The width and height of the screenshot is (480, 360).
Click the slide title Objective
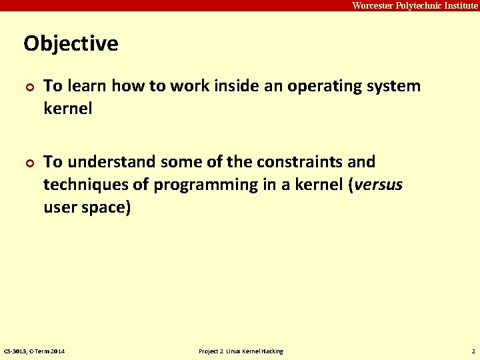[71, 44]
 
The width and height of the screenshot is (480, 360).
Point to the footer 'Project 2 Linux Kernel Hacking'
[241, 351]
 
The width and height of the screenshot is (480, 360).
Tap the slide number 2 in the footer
[473, 351]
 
